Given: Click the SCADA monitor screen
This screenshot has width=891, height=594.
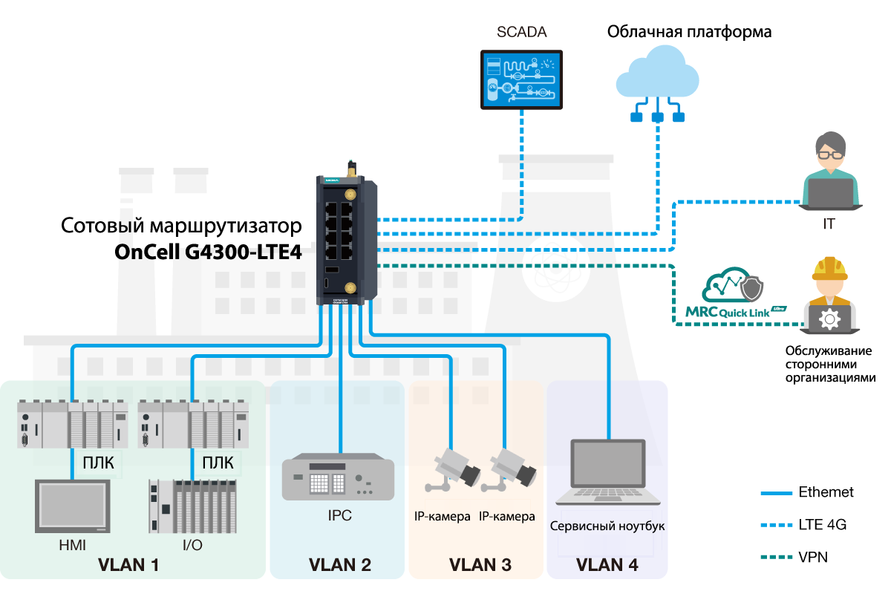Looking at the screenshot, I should [521, 79].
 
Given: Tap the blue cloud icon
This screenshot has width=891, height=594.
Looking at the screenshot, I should [657, 73].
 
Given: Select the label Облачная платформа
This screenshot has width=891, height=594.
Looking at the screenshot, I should [689, 32].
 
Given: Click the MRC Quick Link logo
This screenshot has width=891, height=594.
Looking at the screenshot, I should [735, 297].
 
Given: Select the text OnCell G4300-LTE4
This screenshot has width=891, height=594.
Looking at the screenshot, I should [208, 252].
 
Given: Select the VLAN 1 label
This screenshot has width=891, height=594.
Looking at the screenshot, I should [128, 565].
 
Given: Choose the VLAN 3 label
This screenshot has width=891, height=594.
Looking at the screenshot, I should [480, 565].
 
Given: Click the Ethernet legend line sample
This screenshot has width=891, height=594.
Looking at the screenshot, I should [777, 493].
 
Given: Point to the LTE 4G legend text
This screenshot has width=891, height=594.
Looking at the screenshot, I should [822, 525].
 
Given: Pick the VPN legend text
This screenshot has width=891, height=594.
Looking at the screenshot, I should [813, 557].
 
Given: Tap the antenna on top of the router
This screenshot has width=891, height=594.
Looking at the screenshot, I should [350, 167].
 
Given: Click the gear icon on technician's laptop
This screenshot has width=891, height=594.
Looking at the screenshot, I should [829, 319].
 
